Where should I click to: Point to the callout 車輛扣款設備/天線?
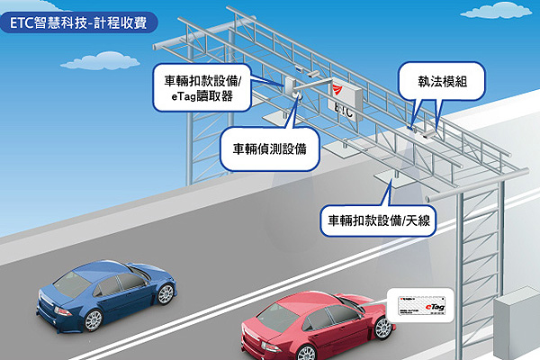click(378, 220)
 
